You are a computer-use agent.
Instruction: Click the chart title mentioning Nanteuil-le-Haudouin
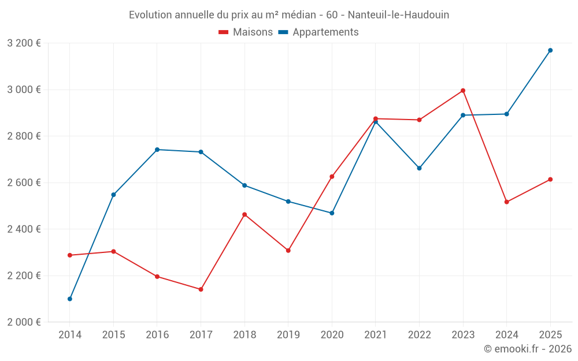[x=289, y=14]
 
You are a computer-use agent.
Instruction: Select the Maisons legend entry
[x=246, y=32]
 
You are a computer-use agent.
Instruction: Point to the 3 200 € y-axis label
[x=24, y=43]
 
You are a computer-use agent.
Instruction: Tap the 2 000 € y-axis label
[x=24, y=322]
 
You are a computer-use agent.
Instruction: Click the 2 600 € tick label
[x=24, y=183]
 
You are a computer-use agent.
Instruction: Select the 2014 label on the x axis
[x=70, y=334]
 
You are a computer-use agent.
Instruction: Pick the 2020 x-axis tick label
[x=332, y=334]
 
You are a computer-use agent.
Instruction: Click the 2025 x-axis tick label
[x=550, y=334]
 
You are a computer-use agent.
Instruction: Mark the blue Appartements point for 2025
[x=550, y=50]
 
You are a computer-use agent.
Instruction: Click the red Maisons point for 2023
[x=463, y=91]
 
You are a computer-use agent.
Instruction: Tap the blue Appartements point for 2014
[x=70, y=299]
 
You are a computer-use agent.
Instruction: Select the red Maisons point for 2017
[x=201, y=289]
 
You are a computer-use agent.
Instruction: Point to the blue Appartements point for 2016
[x=157, y=150]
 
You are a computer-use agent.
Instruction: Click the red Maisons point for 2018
[x=244, y=215]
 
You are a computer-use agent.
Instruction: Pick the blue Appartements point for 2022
[x=419, y=168]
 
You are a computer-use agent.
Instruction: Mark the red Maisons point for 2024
[x=506, y=202]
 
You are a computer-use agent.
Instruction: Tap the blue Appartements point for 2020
[x=332, y=213]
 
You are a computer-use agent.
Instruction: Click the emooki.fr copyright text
[x=527, y=349]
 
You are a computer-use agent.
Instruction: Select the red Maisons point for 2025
[x=550, y=180]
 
